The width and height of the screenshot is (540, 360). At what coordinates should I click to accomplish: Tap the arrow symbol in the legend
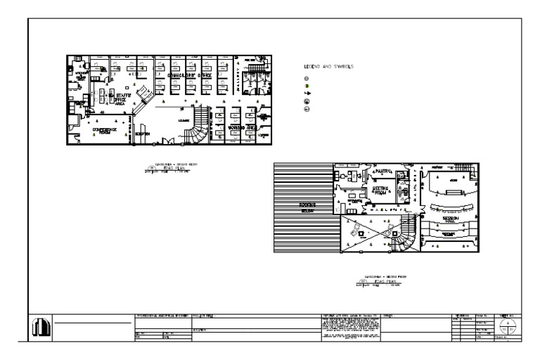tap(307, 94)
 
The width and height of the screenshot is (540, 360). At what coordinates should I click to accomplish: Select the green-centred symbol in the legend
tap(307, 86)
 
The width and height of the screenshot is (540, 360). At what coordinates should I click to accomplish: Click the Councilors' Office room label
tap(186, 75)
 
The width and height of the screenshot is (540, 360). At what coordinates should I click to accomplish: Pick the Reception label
tap(142, 134)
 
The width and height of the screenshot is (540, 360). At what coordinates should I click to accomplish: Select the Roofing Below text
tap(306, 207)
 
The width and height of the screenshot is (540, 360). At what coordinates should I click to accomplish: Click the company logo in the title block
tap(40, 326)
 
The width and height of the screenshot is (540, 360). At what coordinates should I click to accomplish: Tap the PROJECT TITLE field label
tap(204, 318)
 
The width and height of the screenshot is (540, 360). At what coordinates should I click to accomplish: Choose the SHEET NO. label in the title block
tap(505, 317)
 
